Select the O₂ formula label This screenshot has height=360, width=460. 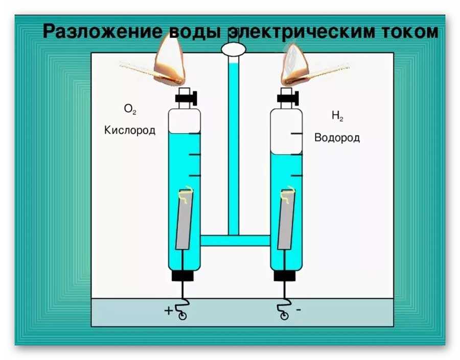(130, 109)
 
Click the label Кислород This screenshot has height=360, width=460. (129, 130)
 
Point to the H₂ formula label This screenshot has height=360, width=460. (337, 116)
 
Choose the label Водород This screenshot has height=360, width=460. (337, 138)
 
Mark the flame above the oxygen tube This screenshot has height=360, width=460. (170, 59)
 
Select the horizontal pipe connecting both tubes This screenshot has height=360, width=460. (235, 241)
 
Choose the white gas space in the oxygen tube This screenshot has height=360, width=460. (185, 120)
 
